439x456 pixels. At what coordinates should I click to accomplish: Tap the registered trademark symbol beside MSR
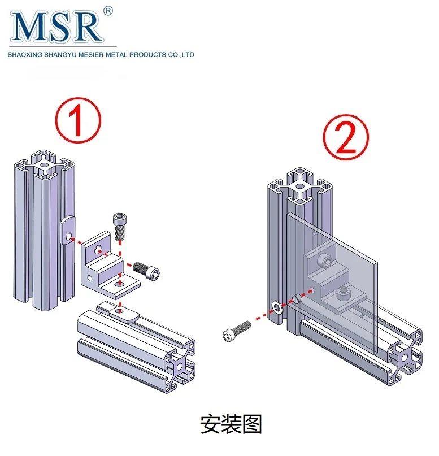(x=109, y=10)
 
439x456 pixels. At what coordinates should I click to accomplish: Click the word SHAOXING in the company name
(x=22, y=55)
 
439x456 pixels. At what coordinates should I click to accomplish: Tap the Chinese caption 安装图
(x=231, y=423)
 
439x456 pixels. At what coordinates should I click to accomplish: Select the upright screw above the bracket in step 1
(x=120, y=225)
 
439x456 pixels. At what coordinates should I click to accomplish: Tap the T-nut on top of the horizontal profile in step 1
(x=119, y=311)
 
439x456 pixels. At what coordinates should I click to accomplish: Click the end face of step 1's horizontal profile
(x=180, y=364)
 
